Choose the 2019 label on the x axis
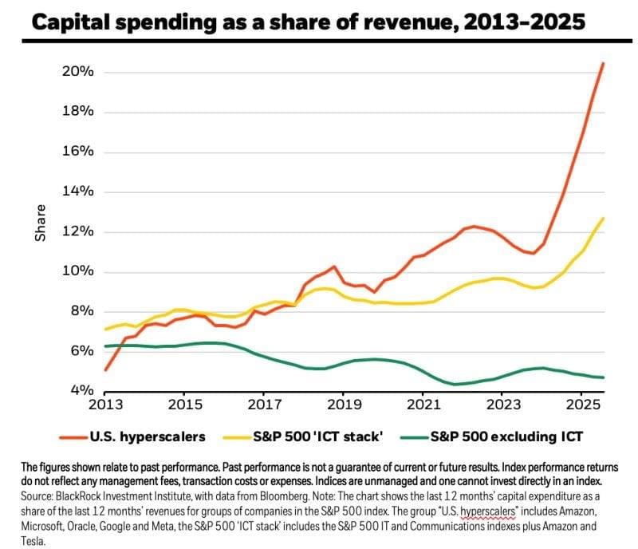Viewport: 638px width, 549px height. point(343,405)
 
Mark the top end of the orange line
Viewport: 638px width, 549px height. point(603,62)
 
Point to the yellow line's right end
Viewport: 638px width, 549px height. point(603,218)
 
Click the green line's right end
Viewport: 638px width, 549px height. point(604,377)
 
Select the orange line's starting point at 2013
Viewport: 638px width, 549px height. point(105,369)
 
